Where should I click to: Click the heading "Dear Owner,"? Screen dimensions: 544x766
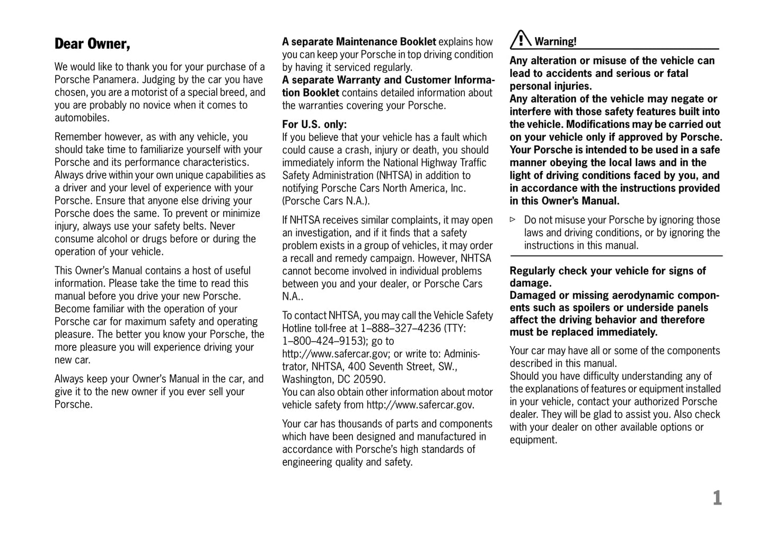pos(92,44)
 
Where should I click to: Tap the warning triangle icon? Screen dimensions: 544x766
pos(521,40)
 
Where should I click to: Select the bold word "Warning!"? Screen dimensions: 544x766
pos(555,41)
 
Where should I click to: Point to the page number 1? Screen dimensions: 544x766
pos(717,498)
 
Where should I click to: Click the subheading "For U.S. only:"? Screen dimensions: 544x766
pos(314,125)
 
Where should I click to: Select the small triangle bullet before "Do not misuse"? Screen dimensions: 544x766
pos(513,220)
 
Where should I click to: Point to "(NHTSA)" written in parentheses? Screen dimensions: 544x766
pos(395,176)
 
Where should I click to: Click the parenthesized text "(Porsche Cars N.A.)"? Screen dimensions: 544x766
pos(325,201)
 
